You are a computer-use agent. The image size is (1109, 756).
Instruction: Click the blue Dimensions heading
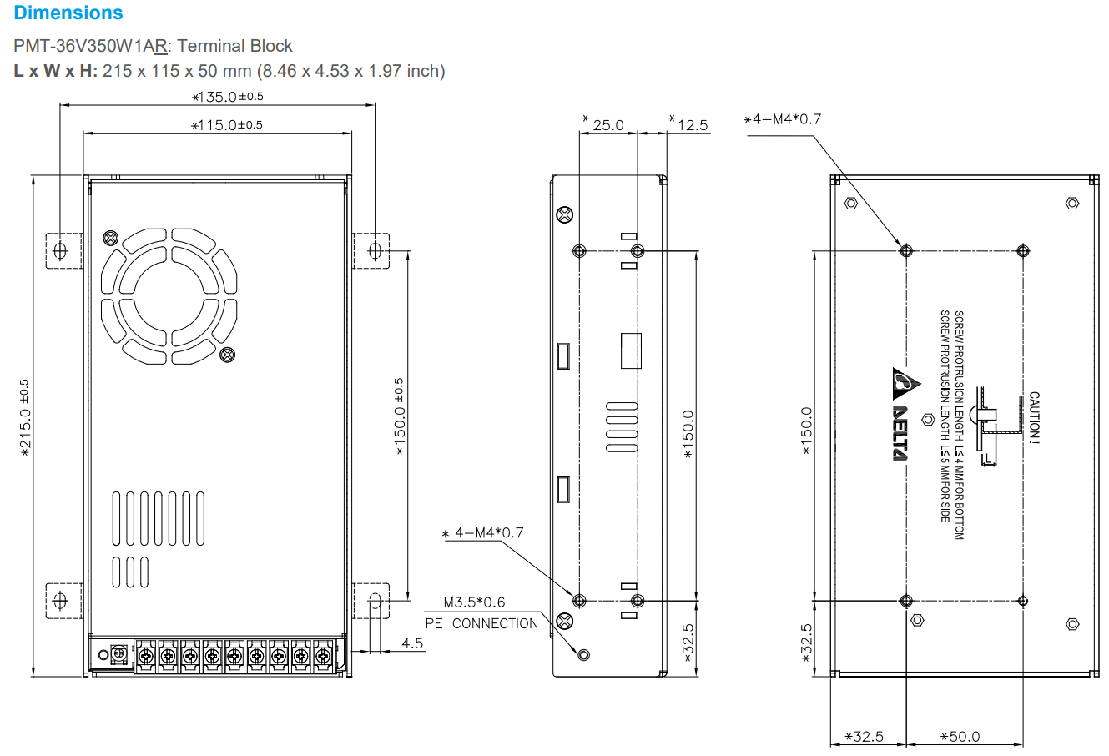tap(68, 13)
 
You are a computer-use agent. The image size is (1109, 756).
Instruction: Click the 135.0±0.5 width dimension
tap(228, 97)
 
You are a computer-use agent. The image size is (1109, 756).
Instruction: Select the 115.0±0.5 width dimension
tap(227, 125)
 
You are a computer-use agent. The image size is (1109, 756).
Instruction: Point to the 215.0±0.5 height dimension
tap(25, 418)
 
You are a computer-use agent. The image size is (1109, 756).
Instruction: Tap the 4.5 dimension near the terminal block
tap(412, 643)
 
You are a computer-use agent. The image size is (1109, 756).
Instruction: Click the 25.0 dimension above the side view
tap(607, 125)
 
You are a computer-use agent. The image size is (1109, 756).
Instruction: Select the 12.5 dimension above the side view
tap(692, 125)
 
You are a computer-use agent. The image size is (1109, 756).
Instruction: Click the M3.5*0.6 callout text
tap(473, 602)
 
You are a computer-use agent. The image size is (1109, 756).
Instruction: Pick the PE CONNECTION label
tap(481, 623)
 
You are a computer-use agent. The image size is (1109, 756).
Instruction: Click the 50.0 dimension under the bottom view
tap(960, 737)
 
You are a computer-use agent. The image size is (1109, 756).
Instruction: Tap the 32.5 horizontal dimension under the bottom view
tap(865, 737)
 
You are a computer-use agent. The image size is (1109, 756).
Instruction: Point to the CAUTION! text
tap(1034, 417)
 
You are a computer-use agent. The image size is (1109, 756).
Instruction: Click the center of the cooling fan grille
tap(169, 297)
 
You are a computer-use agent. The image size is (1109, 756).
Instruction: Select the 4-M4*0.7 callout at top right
tap(783, 119)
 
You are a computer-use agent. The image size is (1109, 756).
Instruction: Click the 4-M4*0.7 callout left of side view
tap(483, 532)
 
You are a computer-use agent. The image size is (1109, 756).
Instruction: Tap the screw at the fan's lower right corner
tap(227, 355)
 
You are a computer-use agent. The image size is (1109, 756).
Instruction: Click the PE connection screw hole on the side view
tap(583, 654)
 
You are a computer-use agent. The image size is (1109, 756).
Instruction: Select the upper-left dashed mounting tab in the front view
tap(63, 249)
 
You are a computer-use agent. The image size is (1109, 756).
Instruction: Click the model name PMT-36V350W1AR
tap(91, 46)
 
